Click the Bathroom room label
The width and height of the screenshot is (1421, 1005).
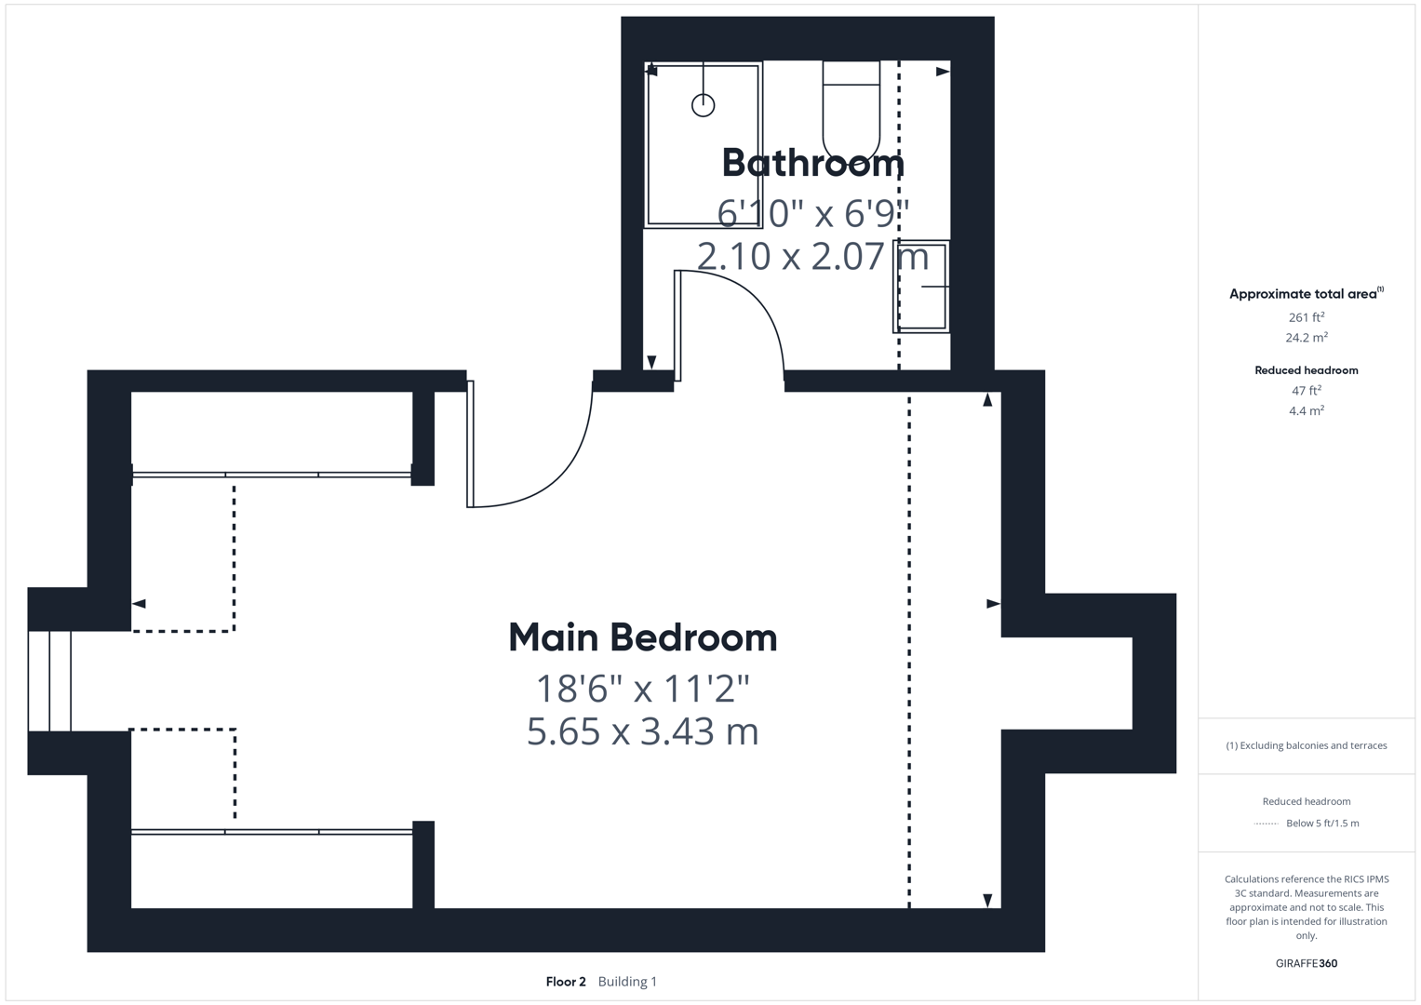pyautogui.click(x=812, y=163)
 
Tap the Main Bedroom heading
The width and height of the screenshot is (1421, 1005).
pyautogui.click(x=642, y=637)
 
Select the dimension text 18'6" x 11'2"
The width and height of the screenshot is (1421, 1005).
pyautogui.click(x=642, y=689)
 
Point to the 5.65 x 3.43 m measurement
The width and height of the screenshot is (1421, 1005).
pyautogui.click(x=642, y=731)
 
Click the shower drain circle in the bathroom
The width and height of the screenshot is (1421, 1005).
pyautogui.click(x=703, y=105)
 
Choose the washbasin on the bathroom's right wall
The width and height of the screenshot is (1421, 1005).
pyautogui.click(x=921, y=287)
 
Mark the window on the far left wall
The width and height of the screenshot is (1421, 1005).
pyautogui.click(x=49, y=680)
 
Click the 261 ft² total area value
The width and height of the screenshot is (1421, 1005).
pyautogui.click(x=1306, y=317)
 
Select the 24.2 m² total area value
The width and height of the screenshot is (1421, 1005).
pyautogui.click(x=1306, y=338)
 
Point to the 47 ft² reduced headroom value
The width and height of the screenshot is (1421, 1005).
pyautogui.click(x=1306, y=391)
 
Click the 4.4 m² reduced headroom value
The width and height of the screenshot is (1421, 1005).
pyautogui.click(x=1306, y=410)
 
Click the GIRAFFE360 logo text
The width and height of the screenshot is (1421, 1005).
pyautogui.click(x=1306, y=963)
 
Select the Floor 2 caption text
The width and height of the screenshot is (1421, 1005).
pyautogui.click(x=566, y=982)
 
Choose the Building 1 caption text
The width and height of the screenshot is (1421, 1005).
pyautogui.click(x=627, y=982)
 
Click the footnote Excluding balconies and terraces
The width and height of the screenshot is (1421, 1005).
pyautogui.click(x=1306, y=745)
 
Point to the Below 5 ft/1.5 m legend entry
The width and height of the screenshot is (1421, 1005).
pyautogui.click(x=1321, y=824)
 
